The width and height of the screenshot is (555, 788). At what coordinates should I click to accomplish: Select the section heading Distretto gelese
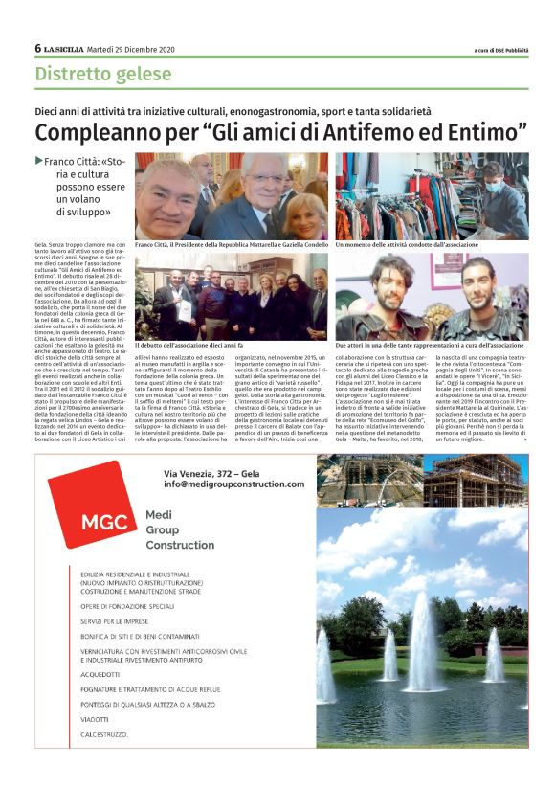pos(103,74)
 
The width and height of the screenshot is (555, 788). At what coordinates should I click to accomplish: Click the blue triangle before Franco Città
pos(38,162)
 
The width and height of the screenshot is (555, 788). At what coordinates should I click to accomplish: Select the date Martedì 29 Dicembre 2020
pos(131,49)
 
